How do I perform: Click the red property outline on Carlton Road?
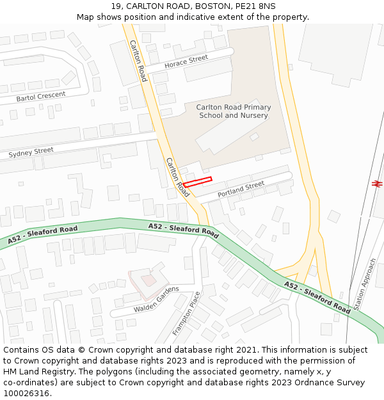point(197,182)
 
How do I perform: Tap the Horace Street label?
point(186,62)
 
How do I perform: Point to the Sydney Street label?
point(31,152)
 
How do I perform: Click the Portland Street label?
point(241,189)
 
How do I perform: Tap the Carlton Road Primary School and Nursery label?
point(234,111)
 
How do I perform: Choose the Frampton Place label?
point(187,314)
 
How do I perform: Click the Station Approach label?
point(365,285)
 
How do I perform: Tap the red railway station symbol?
point(376,184)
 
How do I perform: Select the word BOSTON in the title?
point(209,6)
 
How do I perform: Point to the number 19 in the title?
point(116,6)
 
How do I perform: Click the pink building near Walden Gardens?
point(147,280)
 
